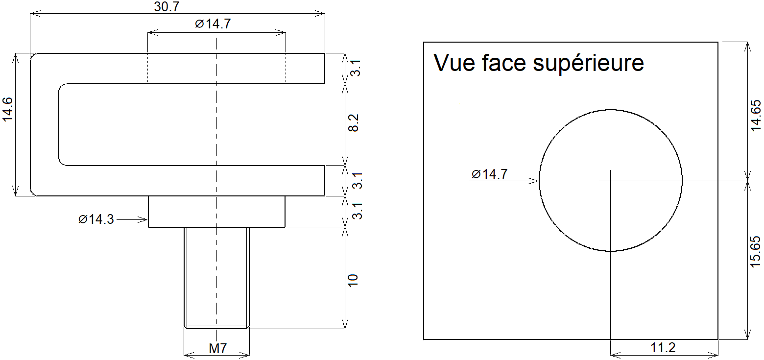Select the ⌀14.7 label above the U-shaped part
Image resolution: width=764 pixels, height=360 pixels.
point(213,24)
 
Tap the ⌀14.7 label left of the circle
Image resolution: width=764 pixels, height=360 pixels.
point(489,174)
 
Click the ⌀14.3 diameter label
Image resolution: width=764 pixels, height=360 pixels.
point(96,219)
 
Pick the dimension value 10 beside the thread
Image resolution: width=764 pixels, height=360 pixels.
point(353,280)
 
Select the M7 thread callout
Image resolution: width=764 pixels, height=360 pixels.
point(217,349)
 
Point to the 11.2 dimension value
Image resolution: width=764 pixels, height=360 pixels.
point(663,348)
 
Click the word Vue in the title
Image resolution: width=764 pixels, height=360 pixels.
point(454,63)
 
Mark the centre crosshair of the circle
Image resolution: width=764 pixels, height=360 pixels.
point(611,181)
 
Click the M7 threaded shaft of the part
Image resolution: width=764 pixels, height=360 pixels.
point(217,277)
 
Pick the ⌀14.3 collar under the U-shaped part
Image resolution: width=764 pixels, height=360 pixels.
point(216,212)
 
